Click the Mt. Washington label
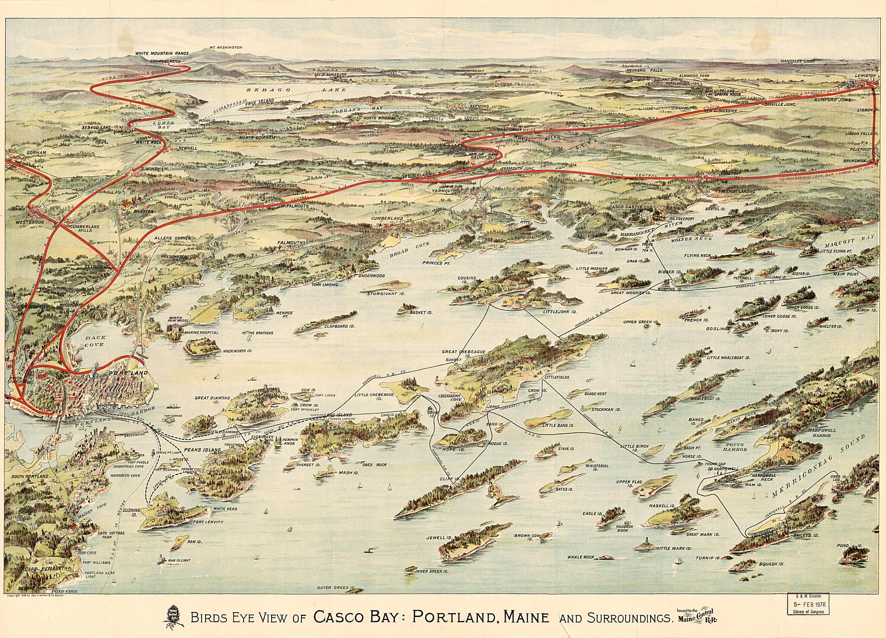[x=225, y=48]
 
